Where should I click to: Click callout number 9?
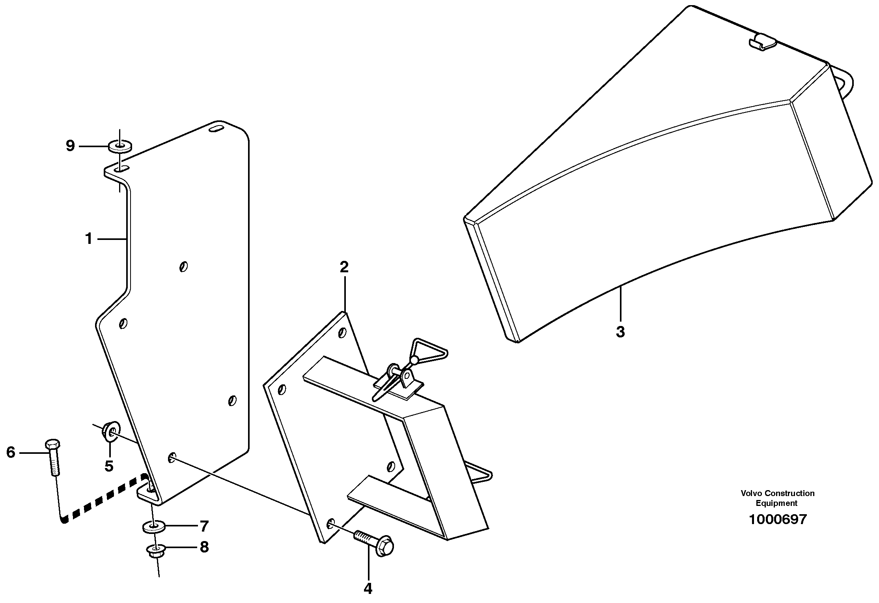point(70,146)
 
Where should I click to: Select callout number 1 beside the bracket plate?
point(89,238)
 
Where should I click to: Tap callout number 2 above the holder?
point(344,267)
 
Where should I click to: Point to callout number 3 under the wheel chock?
point(620,331)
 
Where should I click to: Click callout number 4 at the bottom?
point(368,589)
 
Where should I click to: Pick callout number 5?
point(109,466)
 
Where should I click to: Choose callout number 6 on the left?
point(11,452)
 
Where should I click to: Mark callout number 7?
point(204,526)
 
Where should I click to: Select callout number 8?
point(204,547)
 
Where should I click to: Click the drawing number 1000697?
point(778,519)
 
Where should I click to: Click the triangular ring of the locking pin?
point(430,349)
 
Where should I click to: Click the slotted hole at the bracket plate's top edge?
point(216,128)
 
